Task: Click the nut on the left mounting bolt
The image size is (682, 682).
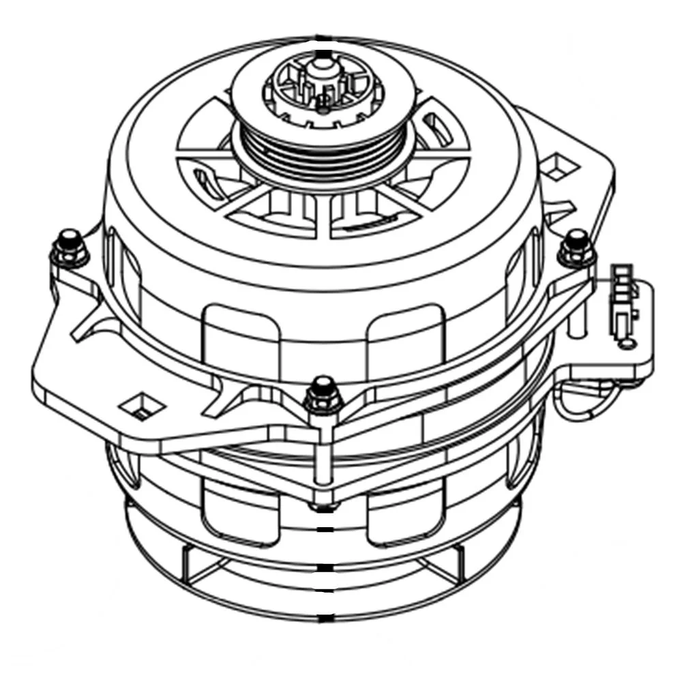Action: [69, 250]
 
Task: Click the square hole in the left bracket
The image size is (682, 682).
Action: [142, 405]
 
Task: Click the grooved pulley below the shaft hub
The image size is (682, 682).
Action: [321, 153]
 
